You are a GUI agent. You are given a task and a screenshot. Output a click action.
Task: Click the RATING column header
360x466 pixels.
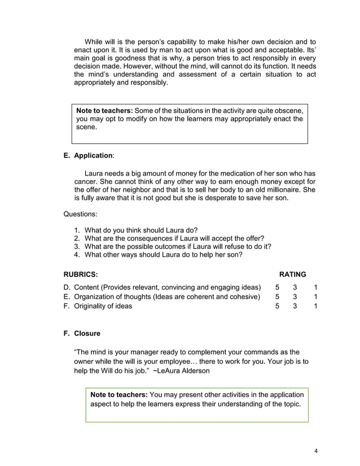click(293, 274)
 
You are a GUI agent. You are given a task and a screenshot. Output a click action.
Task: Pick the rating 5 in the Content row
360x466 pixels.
click(277, 288)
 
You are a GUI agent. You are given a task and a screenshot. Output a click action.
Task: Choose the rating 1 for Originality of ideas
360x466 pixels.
click(316, 306)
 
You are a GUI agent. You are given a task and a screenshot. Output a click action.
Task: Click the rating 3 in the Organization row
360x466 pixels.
click(295, 297)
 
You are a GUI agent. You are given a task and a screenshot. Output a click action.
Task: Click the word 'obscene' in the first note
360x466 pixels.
click(291, 110)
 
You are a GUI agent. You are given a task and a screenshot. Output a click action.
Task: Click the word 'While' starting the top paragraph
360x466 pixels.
click(94, 42)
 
